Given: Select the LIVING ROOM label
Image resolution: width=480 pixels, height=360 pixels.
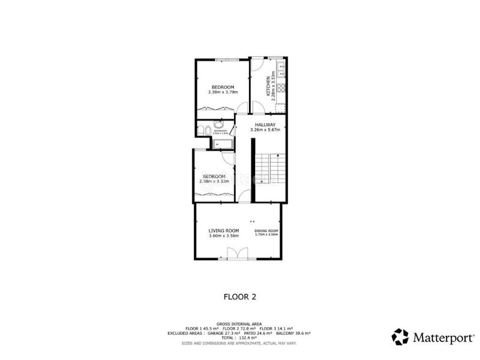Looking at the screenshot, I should pos(224,230).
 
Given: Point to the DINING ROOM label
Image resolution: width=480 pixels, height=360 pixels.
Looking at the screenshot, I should pos(266,230).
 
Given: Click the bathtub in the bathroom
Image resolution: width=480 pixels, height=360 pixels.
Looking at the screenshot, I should pos(222,144).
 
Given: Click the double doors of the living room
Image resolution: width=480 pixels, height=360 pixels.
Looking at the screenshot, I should pos(238,253).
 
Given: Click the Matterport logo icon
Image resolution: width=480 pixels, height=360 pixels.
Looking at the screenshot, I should pos(400,336).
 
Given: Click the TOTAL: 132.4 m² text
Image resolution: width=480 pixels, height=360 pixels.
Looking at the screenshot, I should pos(239,338).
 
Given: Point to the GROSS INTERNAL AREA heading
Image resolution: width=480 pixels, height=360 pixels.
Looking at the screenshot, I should pos(239,324).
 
